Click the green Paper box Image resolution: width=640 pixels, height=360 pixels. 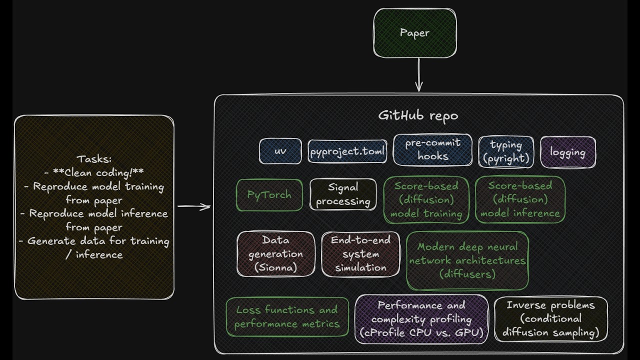pyautogui.click(x=415, y=33)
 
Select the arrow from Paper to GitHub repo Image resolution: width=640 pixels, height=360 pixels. pyautogui.click(x=419, y=75)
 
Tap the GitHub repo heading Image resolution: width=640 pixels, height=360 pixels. pyautogui.click(x=418, y=115)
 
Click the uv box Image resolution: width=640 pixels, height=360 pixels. pyautogui.click(x=280, y=151)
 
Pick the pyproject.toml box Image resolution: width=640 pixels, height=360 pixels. pyautogui.click(x=347, y=151)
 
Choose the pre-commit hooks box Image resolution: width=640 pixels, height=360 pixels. pyautogui.click(x=432, y=149)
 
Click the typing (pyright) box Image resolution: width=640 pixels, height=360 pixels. pyautogui.click(x=506, y=151)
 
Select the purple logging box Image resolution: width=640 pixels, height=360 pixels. pyautogui.click(x=568, y=152)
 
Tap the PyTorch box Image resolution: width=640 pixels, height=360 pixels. pyautogui.click(x=269, y=195)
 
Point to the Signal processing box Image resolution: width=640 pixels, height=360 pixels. pyautogui.click(x=343, y=194)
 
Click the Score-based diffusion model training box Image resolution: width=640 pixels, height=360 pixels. pyautogui.click(x=426, y=199)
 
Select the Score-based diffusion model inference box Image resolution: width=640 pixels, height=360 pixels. pyautogui.click(x=520, y=199)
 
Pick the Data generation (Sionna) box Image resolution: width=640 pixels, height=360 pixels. pyautogui.click(x=275, y=254)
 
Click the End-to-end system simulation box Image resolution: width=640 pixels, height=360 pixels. pyautogui.click(x=360, y=254)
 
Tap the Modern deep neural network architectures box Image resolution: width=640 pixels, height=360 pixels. pyautogui.click(x=467, y=260)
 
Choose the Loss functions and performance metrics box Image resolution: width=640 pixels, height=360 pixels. pyautogui.click(x=287, y=317)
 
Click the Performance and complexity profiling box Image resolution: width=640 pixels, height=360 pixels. pyautogui.click(x=421, y=319)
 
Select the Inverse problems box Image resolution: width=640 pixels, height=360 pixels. pyautogui.click(x=551, y=319)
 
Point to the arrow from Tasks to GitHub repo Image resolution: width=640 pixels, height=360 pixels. pyautogui.click(x=194, y=206)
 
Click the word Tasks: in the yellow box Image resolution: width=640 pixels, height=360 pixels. pyautogui.click(x=94, y=159)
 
